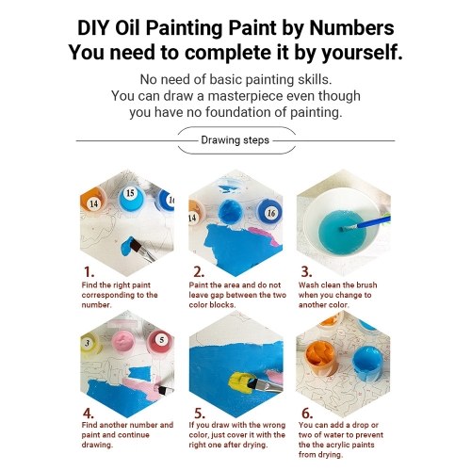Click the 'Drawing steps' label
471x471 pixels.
pos(235,140)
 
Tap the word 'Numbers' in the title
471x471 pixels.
pos(351,28)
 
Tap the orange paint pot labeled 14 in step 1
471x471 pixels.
pos(92,201)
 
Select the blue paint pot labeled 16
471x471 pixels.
pos(269,213)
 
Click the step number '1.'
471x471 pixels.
pos(89,272)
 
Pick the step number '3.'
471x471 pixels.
pos(306,272)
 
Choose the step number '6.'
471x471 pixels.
pos(307,414)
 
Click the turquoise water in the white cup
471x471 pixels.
pos(342,232)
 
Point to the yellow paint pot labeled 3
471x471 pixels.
pos(89,344)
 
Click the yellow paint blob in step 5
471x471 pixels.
pos(240,383)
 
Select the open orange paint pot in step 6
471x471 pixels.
pos(321,357)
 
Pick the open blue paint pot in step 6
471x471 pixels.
pos(367,364)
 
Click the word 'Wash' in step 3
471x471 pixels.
pos(308,285)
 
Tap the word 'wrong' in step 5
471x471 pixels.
pos(272,425)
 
